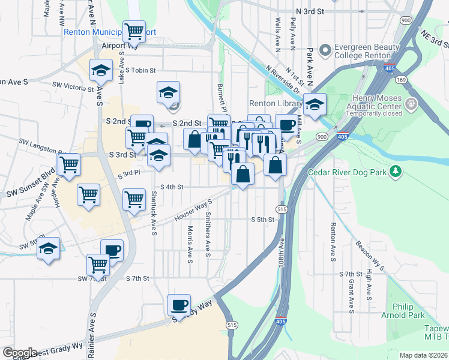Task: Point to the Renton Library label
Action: click(x=276, y=104)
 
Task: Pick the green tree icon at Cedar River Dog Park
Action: click(x=396, y=172)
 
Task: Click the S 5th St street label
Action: click(x=262, y=220)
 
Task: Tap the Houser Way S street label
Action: click(x=194, y=210)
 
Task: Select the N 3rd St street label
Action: click(x=310, y=11)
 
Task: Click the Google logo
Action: click(x=20, y=353)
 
